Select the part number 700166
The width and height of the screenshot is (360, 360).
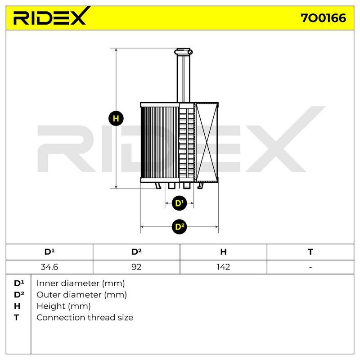click(x=323, y=18)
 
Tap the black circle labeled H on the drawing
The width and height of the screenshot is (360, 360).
click(x=116, y=118)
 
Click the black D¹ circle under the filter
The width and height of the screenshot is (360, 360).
click(x=179, y=203)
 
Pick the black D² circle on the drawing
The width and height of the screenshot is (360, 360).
click(x=179, y=227)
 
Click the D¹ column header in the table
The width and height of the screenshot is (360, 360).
click(x=49, y=252)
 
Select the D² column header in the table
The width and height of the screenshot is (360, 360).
click(x=136, y=252)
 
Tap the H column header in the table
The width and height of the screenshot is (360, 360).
click(x=223, y=252)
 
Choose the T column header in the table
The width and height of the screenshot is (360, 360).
click(x=310, y=252)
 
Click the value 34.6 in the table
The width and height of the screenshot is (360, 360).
click(x=49, y=267)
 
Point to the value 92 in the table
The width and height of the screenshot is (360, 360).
click(x=136, y=267)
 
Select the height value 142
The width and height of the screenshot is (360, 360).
click(x=223, y=267)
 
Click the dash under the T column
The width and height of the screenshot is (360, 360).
click(x=310, y=267)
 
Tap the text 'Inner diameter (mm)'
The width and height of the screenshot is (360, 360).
click(x=81, y=283)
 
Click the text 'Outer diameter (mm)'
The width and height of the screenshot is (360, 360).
click(x=81, y=295)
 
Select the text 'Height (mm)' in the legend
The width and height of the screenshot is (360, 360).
click(x=63, y=306)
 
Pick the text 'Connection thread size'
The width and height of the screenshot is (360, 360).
click(x=85, y=318)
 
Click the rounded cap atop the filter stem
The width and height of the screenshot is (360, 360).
click(x=184, y=51)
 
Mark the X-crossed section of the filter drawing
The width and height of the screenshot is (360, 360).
click(x=207, y=142)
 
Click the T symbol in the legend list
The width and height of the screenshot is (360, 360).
click(x=16, y=318)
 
